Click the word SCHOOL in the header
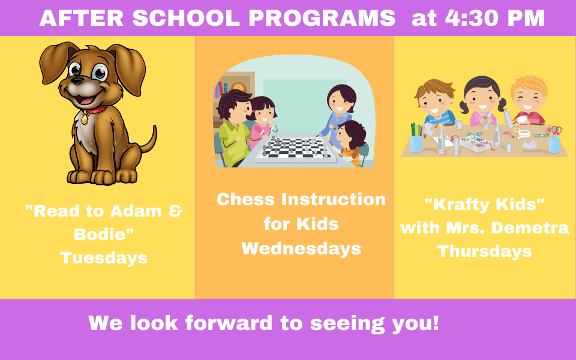(x=186, y=18)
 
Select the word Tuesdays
(x=104, y=258)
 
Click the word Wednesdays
(x=301, y=248)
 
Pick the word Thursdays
(x=485, y=251)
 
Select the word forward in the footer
(x=229, y=323)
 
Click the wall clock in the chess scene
(x=239, y=87)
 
